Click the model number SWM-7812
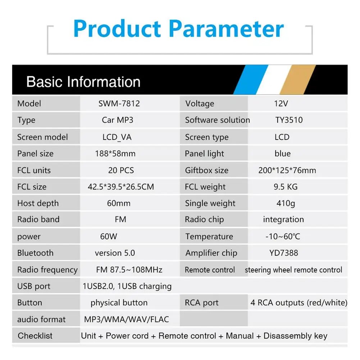coord(119,104)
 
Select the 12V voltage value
coord(281,104)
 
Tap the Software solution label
coord(218,120)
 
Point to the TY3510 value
coord(289,120)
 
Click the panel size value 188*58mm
coord(115,154)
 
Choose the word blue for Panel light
coord(283,154)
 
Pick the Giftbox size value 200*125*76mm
coord(287,170)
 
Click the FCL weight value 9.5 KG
coord(286,187)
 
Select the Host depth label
coord(38,204)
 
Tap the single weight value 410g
coord(286,204)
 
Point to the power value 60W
coord(109,237)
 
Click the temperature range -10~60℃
coord(283,237)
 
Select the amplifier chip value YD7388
coord(284,253)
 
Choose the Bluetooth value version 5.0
coord(115,253)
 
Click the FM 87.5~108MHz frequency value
coord(129,269)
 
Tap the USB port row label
coord(34,286)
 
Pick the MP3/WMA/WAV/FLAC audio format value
coord(127,319)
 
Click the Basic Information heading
coord(83,82)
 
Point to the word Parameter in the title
coord(226,29)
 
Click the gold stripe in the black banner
coord(298,80)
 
